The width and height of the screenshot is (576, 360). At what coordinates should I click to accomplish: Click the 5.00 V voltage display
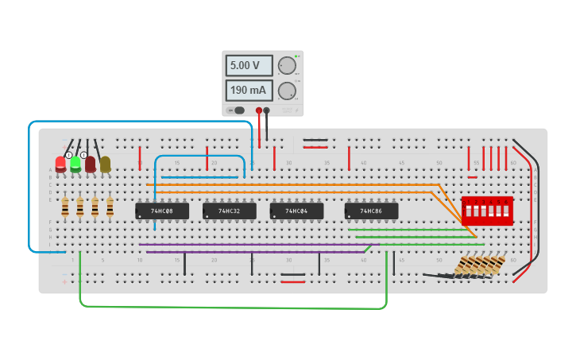pyautogui.click(x=249, y=66)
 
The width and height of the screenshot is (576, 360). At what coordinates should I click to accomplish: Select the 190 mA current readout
pyautogui.click(x=249, y=91)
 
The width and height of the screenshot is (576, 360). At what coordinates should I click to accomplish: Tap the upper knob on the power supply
pyautogui.click(x=286, y=66)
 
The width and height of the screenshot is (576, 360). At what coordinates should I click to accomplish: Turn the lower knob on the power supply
pyautogui.click(x=286, y=91)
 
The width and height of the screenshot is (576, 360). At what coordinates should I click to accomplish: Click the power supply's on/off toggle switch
pyautogui.click(x=238, y=110)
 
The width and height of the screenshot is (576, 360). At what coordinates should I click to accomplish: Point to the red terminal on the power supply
pyautogui.click(x=259, y=110)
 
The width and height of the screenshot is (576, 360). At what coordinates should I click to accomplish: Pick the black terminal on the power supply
pyautogui.click(x=267, y=110)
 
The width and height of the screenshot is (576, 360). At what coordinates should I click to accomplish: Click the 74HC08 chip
pyautogui.click(x=162, y=211)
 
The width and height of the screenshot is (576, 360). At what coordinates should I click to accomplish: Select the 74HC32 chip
pyautogui.click(x=230, y=211)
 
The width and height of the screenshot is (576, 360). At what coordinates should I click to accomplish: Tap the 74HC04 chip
pyautogui.click(x=296, y=211)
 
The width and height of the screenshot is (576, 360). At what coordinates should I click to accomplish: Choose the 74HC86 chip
pyautogui.click(x=371, y=211)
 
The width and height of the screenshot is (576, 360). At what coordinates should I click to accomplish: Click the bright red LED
pyautogui.click(x=60, y=165)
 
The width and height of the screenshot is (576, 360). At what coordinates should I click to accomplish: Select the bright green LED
pyautogui.click(x=75, y=165)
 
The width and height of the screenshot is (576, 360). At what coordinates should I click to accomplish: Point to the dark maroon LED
pyautogui.click(x=91, y=165)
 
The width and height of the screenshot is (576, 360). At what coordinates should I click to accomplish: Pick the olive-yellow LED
pyautogui.click(x=105, y=165)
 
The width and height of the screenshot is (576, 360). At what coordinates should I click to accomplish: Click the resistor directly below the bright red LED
pyautogui.click(x=65, y=208)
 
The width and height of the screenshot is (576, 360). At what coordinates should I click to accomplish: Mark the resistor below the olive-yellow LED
pyautogui.click(x=110, y=208)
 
